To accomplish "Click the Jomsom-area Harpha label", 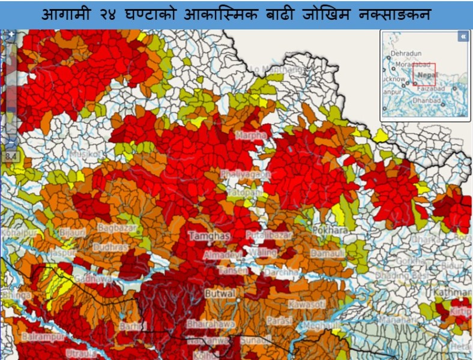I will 251,136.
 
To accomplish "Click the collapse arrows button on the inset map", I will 463,37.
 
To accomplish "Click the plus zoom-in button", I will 10,35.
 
